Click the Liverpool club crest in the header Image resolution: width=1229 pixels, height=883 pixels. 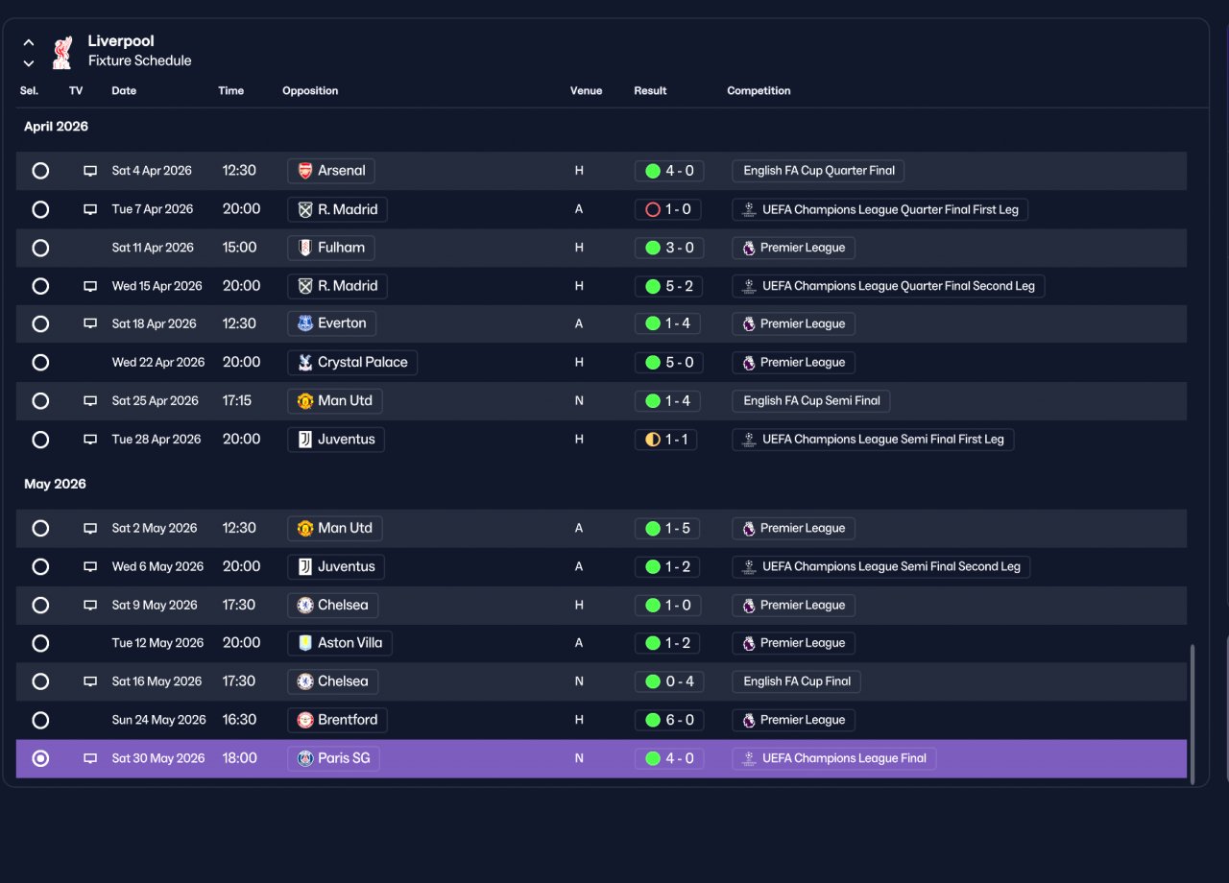[x=62, y=53]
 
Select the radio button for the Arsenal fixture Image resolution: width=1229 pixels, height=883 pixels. [x=40, y=171]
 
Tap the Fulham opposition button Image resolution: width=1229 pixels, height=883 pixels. [x=331, y=248]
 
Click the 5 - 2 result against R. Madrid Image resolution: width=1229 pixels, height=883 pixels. [x=669, y=286]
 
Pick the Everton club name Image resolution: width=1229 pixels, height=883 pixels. [x=342, y=323]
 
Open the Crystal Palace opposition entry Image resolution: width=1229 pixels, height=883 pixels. [x=351, y=362]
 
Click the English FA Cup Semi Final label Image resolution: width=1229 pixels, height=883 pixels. [x=811, y=400]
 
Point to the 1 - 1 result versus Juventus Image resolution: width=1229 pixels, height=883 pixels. [x=666, y=440]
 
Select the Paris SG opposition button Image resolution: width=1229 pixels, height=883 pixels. [x=333, y=758]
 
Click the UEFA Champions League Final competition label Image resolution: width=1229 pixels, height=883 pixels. [x=834, y=758]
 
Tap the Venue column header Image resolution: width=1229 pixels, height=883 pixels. [x=586, y=90]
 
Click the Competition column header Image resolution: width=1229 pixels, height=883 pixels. [x=759, y=90]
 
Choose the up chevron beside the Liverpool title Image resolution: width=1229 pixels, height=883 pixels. [x=29, y=42]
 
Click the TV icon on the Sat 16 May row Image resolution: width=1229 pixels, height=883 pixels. [x=90, y=681]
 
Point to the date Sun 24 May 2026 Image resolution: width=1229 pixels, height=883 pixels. [x=158, y=720]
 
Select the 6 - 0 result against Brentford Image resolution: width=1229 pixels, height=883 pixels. [x=669, y=720]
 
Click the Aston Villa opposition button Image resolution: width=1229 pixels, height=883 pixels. [x=340, y=643]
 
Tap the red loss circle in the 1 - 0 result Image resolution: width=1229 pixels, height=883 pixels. [x=652, y=209]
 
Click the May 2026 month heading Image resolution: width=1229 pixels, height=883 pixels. [x=55, y=484]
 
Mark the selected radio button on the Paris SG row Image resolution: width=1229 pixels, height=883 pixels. [x=40, y=758]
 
